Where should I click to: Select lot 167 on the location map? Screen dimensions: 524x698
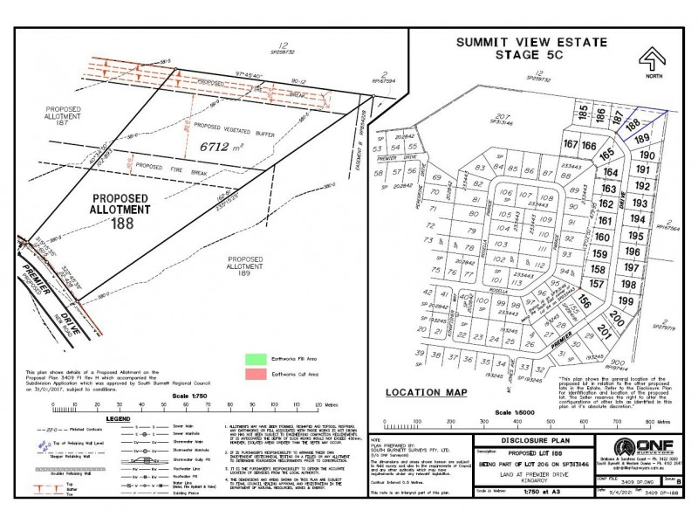pos(571,145)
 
